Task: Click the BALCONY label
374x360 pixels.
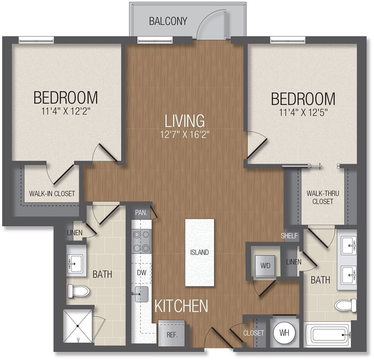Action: (168, 21)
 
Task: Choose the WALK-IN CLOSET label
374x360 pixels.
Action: (52, 194)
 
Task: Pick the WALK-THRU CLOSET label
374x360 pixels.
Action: (322, 197)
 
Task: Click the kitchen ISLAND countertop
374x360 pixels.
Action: (199, 252)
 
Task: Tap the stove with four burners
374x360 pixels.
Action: (141, 241)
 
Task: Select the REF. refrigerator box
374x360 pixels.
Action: (168, 334)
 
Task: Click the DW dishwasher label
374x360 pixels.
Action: (141, 272)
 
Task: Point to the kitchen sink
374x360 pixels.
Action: (141, 294)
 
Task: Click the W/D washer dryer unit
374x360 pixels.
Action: (265, 265)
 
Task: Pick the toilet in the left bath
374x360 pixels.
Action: (79, 291)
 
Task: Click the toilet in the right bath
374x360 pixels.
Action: (345, 305)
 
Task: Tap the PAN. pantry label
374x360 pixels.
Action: (141, 212)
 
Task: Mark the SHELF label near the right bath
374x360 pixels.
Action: (289, 236)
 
